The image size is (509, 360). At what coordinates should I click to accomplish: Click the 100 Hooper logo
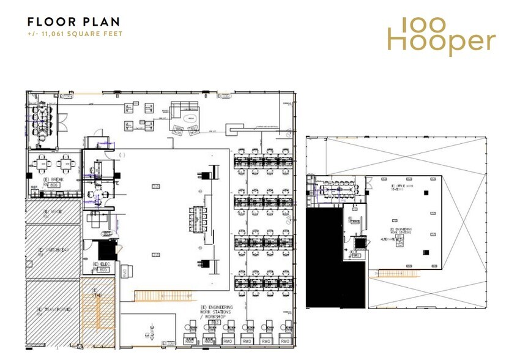(441, 36)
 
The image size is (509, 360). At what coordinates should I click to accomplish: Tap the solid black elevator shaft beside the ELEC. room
(107, 250)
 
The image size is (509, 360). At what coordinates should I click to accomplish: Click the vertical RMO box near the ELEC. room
(124, 272)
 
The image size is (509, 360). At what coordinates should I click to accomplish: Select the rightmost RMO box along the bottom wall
(284, 340)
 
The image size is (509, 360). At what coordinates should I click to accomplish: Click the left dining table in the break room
(42, 163)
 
